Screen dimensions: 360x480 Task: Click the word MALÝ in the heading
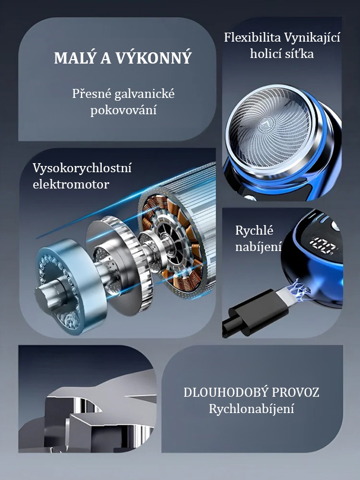click(x=74, y=57)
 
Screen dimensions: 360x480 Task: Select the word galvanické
click(x=145, y=94)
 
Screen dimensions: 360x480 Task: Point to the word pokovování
click(x=123, y=110)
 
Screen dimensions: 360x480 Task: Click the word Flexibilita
click(x=252, y=38)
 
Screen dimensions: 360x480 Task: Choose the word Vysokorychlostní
click(x=82, y=169)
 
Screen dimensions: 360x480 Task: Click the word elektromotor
click(x=71, y=185)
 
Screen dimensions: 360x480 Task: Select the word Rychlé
click(x=254, y=231)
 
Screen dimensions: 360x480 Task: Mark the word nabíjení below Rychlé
click(x=258, y=246)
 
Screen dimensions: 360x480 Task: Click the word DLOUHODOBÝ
click(x=226, y=392)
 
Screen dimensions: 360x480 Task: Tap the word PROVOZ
click(x=295, y=392)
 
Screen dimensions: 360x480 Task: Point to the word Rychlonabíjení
click(x=251, y=409)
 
